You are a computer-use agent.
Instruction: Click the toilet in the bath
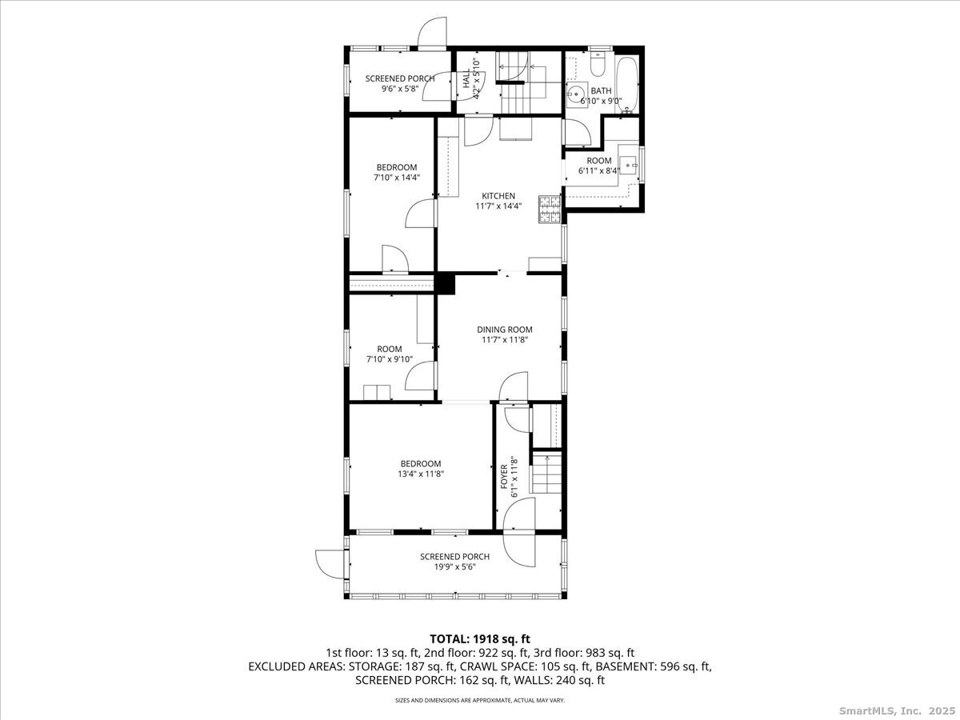click(597, 64)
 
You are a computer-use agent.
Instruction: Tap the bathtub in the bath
click(626, 84)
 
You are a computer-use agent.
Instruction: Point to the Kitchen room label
click(498, 196)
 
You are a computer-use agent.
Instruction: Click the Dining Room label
click(504, 330)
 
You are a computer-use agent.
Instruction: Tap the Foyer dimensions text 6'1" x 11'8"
click(514, 478)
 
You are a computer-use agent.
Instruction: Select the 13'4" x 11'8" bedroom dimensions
click(418, 474)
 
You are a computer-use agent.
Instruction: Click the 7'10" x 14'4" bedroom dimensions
click(397, 178)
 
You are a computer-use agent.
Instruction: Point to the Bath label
click(601, 91)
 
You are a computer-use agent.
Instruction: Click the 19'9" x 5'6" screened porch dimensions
click(455, 567)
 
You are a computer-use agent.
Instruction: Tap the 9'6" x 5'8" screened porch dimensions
click(400, 89)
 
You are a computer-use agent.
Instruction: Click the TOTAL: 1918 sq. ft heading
click(480, 639)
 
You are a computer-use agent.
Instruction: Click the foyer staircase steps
click(546, 474)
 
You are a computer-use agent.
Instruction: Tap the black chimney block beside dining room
click(445, 284)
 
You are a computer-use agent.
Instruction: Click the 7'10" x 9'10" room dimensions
click(390, 359)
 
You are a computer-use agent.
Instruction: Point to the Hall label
click(466, 78)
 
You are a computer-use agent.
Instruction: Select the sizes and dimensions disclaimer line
click(480, 700)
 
